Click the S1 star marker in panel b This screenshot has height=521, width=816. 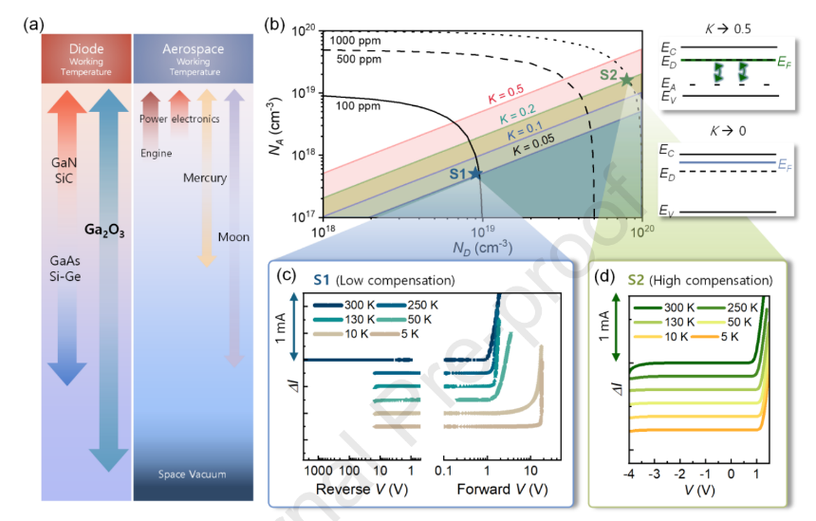coord(475,174)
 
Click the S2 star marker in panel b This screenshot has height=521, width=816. coord(626,80)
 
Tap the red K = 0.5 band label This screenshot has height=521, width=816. coord(506,94)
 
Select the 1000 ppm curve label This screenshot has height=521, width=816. coord(355,41)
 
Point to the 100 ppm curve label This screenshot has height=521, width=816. coord(358,106)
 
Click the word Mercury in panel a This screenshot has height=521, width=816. coord(205,178)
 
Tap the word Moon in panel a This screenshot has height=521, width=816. coord(233,237)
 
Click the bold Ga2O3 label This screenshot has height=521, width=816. coord(104,230)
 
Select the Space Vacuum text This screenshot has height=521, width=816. coord(192,474)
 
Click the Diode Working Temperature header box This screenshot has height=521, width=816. coord(86,59)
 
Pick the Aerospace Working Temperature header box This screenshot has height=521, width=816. coord(193,59)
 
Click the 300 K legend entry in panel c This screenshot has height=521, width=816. coord(343,305)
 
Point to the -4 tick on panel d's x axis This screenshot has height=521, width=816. coord(629,474)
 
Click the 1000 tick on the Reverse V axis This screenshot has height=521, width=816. coord(318,471)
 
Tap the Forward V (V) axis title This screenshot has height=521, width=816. coord(502,490)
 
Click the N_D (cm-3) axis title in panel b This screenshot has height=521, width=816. coord(482,249)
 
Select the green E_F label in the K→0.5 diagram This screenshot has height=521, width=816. coord(785,63)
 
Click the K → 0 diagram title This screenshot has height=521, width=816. coord(728,131)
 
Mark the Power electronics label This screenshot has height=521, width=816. coord(179,119)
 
